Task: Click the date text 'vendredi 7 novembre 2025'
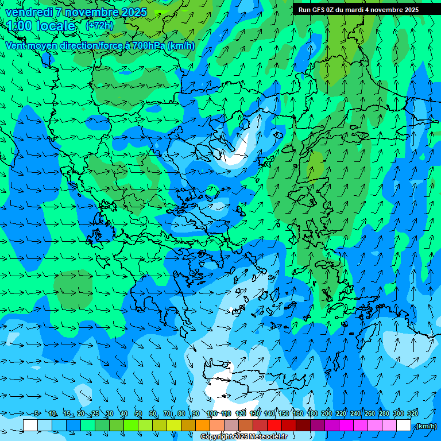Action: [x=76, y=12]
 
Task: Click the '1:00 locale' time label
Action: [x=41, y=26]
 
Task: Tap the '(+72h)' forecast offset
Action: [x=99, y=25]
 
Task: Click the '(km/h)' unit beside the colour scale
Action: [x=425, y=426]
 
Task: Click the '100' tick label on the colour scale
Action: [x=211, y=414]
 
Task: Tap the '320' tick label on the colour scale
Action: [x=412, y=414]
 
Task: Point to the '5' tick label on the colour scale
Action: [x=37, y=414]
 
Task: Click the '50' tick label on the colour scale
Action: [x=138, y=414]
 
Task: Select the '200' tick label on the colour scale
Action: [x=327, y=414]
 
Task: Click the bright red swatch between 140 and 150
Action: [x=274, y=425]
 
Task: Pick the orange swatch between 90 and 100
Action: [x=203, y=425]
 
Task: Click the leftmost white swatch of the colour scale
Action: [x=30, y=425]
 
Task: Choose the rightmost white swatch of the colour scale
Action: [x=404, y=425]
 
